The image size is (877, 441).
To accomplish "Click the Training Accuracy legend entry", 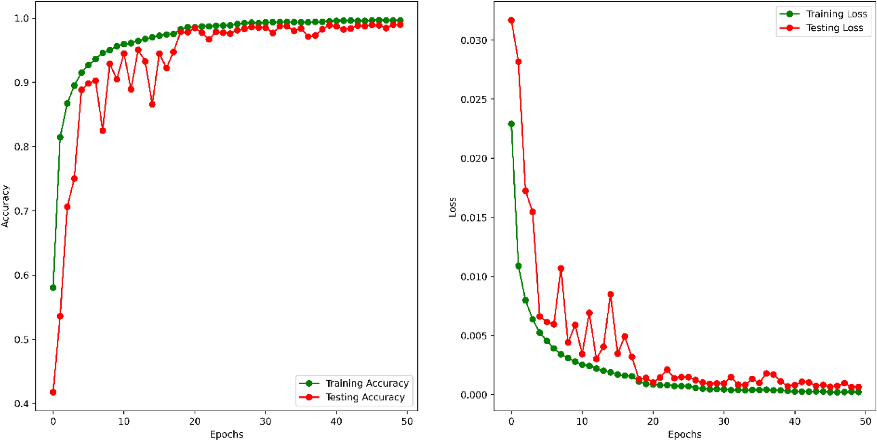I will pyautogui.click(x=366, y=383).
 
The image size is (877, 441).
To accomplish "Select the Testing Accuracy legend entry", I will pyautogui.click(x=365, y=397).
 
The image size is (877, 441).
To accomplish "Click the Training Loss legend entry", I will pyautogui.click(x=835, y=14).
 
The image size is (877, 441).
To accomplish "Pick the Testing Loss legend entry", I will pyautogui.click(x=834, y=28).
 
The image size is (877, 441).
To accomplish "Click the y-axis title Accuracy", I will pyautogui.click(x=5, y=206).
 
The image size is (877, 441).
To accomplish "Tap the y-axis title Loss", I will pyautogui.click(x=452, y=207).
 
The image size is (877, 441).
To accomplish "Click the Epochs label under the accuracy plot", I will pyautogui.click(x=226, y=434).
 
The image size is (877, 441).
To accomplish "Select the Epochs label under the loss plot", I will pyautogui.click(x=684, y=434).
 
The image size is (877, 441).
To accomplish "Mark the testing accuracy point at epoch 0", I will pyautogui.click(x=53, y=392).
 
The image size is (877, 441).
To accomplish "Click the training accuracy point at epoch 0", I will pyautogui.click(x=53, y=288).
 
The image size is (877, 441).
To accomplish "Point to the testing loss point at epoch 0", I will pyautogui.click(x=511, y=21).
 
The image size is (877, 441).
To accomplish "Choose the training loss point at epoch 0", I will pyautogui.click(x=511, y=124).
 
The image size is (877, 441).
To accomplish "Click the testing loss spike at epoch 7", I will pyautogui.click(x=561, y=269).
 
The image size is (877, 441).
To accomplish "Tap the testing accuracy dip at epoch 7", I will pyautogui.click(x=103, y=131).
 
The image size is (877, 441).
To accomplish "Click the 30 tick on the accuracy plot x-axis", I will pyautogui.click(x=265, y=422).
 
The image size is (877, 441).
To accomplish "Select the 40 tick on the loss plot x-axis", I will pyautogui.click(x=794, y=422).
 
